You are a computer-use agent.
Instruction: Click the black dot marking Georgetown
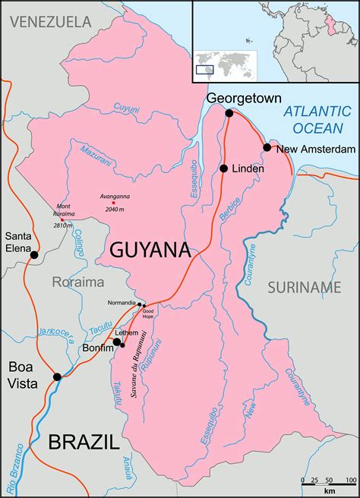pos(229,113)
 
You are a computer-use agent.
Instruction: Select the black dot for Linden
pos(224,169)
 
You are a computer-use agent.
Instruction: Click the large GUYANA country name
pos(150,250)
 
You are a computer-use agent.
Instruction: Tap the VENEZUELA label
pos(46,21)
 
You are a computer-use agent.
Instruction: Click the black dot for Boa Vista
pos(57,377)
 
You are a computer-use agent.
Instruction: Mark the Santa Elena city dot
pos(33,255)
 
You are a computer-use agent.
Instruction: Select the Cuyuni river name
pos(126,109)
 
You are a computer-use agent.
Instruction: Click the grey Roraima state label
pos(78,282)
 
